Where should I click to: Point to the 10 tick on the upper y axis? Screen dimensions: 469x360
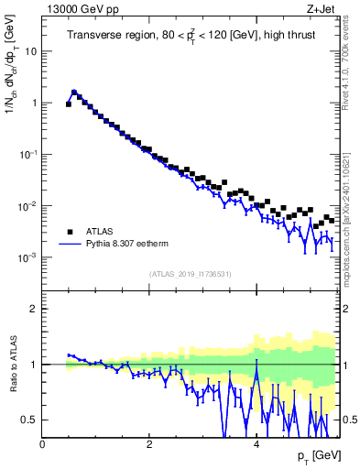click(x=30, y=51)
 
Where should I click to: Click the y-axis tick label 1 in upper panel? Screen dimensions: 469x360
click(x=34, y=104)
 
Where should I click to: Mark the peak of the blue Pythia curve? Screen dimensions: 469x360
click(x=74, y=92)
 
